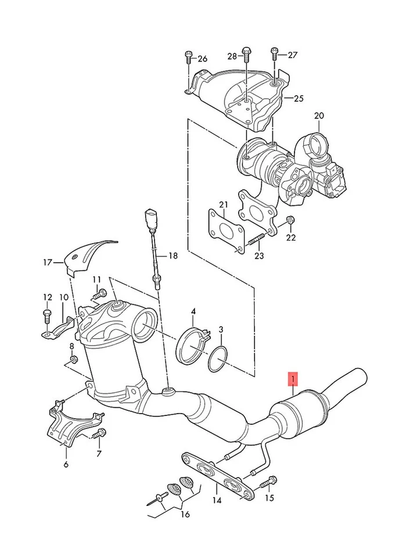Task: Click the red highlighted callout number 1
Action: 293,380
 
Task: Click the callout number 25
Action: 298,99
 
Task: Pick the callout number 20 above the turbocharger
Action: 318,115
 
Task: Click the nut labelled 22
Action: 290,220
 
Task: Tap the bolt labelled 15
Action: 271,481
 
